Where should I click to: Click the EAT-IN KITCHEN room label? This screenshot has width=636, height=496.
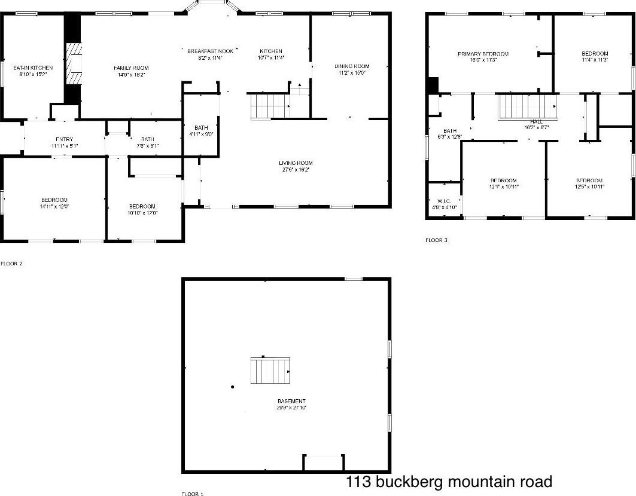pos(33,68)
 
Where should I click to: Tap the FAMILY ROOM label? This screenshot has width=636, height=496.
pos(131,68)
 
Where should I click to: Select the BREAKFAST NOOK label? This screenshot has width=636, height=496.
pos(210,51)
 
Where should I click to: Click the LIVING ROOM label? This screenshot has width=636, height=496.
pos(296,163)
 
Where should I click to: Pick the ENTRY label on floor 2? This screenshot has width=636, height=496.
pos(65,140)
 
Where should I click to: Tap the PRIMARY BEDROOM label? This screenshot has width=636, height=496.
pos(483,54)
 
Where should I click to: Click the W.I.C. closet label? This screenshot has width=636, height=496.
pos(444,200)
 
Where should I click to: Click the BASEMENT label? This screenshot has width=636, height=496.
pos(291,401)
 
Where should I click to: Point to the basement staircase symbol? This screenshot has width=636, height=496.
pos(270,371)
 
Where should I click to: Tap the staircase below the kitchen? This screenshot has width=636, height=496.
pos(270,106)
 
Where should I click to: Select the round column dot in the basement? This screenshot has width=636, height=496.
pos(232,387)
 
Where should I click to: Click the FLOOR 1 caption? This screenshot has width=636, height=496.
pos(193,494)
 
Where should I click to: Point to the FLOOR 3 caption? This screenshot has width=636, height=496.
pos(436,240)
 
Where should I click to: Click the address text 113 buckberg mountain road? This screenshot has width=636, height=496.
pos(449,482)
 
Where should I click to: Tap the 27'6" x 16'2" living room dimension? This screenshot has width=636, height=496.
pos(296,170)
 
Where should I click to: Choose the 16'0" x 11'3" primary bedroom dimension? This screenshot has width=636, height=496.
pos(483,60)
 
